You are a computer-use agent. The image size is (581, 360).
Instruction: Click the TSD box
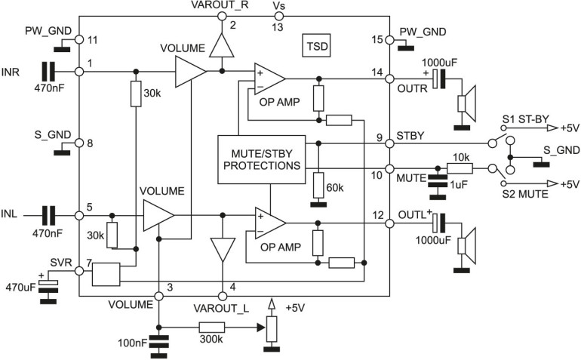[x=316, y=46]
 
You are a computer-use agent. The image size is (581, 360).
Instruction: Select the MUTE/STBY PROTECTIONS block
[x=262, y=159]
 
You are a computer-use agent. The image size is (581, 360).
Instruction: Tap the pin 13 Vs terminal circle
[x=278, y=16]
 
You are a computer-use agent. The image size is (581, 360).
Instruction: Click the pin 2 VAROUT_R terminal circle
[x=222, y=16]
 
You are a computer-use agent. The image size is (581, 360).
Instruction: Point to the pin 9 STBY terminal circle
[x=389, y=143]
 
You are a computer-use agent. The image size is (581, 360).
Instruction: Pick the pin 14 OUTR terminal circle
[x=389, y=78]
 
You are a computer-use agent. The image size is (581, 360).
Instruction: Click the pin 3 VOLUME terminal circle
[x=158, y=296]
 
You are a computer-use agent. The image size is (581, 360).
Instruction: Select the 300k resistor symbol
[x=212, y=328]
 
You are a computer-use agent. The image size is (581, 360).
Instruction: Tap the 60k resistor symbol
[x=318, y=185]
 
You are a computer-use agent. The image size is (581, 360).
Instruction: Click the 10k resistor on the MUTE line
[x=460, y=169]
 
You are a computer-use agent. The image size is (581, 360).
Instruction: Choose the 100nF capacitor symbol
[x=158, y=343]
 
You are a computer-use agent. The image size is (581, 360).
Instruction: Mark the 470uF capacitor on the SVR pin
[x=48, y=287]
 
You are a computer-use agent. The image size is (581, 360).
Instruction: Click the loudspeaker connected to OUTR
[x=466, y=104]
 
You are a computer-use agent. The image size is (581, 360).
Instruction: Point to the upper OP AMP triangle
[x=269, y=78]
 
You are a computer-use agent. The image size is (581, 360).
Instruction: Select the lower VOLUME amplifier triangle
[x=158, y=215]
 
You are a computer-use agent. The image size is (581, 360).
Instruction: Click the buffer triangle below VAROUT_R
[x=222, y=45]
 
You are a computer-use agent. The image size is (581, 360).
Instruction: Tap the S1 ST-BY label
[x=526, y=119]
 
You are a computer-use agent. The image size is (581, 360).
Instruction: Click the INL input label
[x=9, y=214]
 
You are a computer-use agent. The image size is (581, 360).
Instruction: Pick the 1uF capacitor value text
[x=458, y=184]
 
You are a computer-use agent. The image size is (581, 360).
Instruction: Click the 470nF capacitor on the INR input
[x=48, y=72]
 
